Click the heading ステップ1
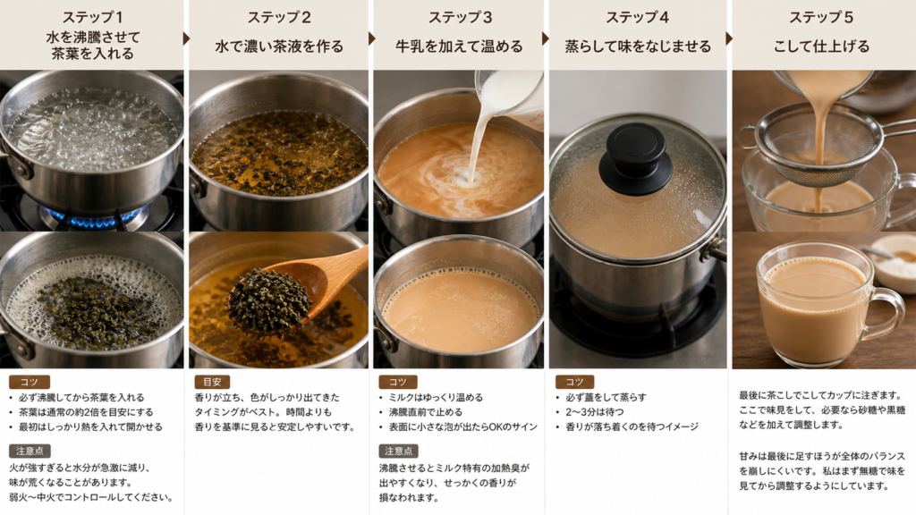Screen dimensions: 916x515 (x=92, y=17)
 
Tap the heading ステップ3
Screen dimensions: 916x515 (x=461, y=18)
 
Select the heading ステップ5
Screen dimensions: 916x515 (x=821, y=18)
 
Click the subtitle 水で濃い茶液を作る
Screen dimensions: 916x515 (x=279, y=46)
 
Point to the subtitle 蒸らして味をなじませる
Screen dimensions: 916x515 (x=638, y=46)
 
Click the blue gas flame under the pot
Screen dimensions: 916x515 (x=93, y=216)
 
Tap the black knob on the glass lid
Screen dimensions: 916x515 (x=636, y=149)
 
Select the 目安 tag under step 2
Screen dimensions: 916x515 (x=211, y=382)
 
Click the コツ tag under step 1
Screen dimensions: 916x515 (x=30, y=382)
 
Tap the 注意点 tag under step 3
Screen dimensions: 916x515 (x=398, y=451)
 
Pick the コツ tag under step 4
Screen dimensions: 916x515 (x=574, y=382)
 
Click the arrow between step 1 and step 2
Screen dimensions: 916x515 (x=186, y=38)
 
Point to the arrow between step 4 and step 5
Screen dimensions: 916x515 (x=728, y=38)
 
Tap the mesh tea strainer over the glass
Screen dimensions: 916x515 (x=818, y=146)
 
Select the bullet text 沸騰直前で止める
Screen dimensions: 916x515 (x=425, y=412)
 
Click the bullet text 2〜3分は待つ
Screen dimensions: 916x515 (x=594, y=412)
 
